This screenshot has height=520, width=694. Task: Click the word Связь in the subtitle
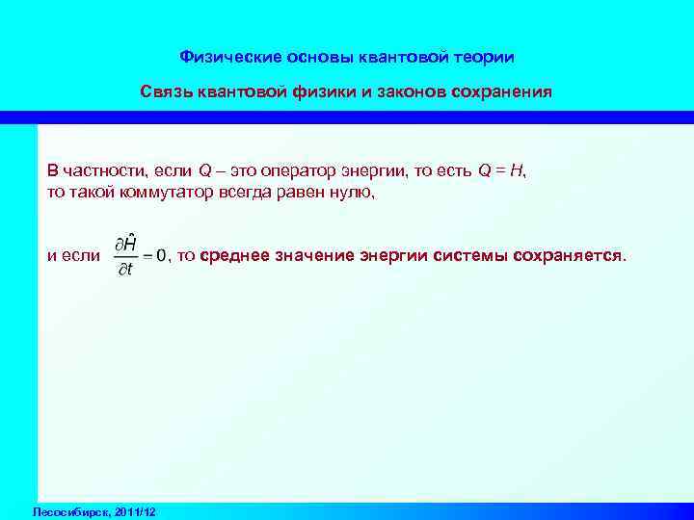point(166,93)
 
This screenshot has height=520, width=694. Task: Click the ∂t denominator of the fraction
point(125,271)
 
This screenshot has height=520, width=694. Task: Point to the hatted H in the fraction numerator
point(129,243)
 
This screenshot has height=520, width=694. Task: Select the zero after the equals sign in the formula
point(162,256)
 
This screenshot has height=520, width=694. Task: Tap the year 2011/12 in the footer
point(134,509)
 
